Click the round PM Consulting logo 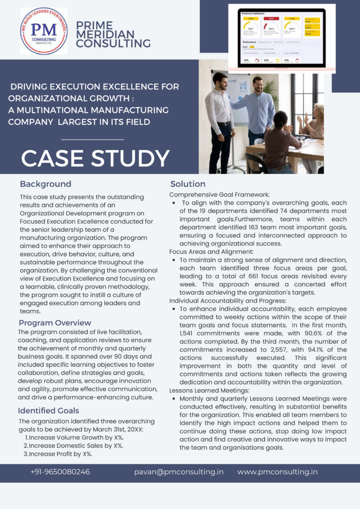(x=43, y=31)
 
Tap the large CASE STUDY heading (x=95, y=158)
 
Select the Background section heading (x=45, y=184)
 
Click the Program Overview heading (x=55, y=323)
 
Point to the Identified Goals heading (x=48, y=411)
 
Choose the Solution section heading (x=187, y=184)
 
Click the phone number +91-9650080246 (x=60, y=472)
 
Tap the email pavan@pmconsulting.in (x=179, y=472)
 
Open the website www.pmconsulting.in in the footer (x=277, y=472)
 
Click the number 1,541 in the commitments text (x=188, y=333)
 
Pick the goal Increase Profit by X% (x=60, y=454)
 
